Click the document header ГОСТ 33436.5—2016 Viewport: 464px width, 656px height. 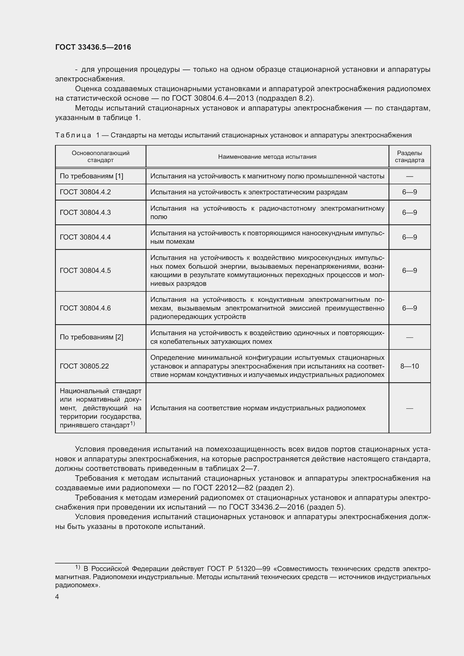point(93,47)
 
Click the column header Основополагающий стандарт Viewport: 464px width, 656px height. point(101,156)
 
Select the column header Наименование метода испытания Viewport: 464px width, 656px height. point(267,156)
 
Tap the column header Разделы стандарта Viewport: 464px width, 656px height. point(409,156)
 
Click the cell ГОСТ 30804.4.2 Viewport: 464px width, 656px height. point(85,192)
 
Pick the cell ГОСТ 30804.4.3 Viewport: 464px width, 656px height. point(85,212)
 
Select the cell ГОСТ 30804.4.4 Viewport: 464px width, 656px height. point(85,237)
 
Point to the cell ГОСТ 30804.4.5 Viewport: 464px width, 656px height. point(85,270)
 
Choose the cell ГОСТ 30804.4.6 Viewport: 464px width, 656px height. point(85,308)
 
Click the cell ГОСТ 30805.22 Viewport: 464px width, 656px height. point(84,366)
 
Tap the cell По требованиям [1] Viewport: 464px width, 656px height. point(91,176)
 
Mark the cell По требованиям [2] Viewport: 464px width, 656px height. point(91,337)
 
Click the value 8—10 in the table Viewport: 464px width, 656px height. point(409,366)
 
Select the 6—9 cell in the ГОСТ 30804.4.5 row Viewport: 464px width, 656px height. point(409,270)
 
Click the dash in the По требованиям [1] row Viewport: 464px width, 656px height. point(409,176)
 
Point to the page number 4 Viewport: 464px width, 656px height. point(57,597)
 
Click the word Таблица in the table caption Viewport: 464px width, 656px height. point(73,135)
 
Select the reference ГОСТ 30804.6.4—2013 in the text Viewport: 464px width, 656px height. point(213,98)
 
